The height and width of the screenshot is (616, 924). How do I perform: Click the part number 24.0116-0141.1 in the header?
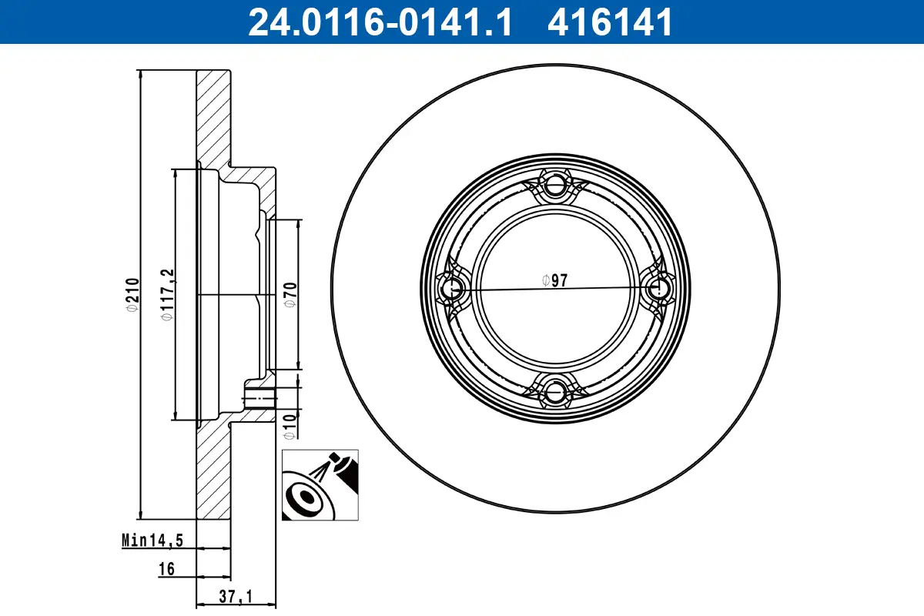tap(379, 22)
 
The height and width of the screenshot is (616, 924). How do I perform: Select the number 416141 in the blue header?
tap(610, 22)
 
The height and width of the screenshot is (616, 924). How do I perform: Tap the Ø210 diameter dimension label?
tap(132, 294)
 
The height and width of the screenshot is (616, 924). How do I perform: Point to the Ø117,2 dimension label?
tap(165, 294)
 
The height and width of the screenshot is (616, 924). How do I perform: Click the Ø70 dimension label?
tap(290, 294)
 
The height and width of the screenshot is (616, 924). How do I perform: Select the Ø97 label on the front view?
tap(554, 280)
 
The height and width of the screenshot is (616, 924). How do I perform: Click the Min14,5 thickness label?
tap(152, 541)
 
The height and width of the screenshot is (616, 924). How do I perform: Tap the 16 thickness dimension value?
tap(166, 569)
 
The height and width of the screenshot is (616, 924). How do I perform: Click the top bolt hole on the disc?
tap(555, 186)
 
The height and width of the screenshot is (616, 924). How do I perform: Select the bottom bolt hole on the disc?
tap(555, 391)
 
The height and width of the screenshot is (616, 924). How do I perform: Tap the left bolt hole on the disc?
tap(452, 289)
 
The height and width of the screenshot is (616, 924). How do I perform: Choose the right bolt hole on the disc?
tap(658, 289)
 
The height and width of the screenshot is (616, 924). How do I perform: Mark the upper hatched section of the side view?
tap(213, 115)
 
